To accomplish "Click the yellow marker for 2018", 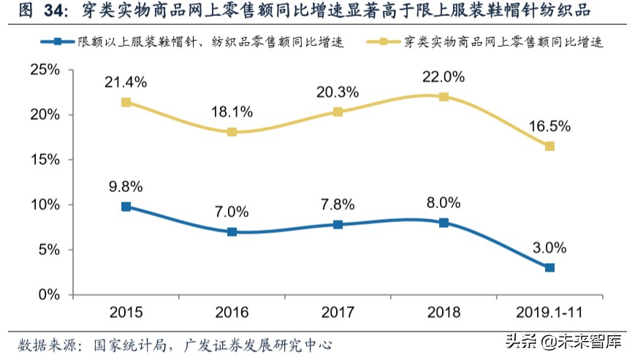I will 443,96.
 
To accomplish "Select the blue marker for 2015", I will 126,207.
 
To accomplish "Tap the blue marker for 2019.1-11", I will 549,268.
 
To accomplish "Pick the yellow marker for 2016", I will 232,132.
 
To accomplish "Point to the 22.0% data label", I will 443,76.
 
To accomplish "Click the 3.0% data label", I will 549,247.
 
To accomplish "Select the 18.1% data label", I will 232,112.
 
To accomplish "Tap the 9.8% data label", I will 126,185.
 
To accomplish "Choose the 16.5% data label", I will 549,126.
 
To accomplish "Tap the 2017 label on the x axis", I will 338,313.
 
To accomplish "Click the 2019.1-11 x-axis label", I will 549,313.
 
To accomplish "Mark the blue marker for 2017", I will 338,224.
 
